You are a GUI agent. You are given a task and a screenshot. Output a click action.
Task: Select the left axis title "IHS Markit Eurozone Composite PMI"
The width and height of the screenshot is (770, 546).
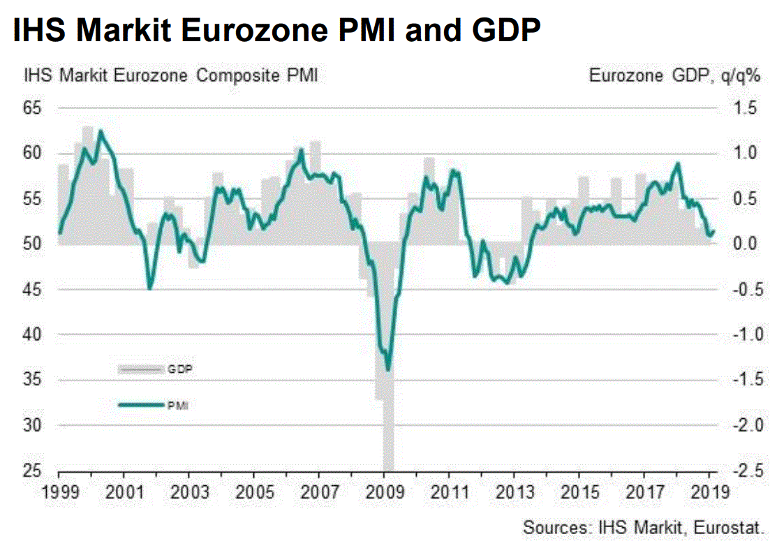(x=170, y=75)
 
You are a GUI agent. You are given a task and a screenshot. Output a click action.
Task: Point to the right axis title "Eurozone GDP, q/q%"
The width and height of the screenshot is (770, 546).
(x=674, y=75)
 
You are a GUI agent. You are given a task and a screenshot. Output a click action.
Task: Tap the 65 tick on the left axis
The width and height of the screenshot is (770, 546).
(x=33, y=108)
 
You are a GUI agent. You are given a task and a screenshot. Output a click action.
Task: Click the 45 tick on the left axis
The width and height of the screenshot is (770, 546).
(x=33, y=289)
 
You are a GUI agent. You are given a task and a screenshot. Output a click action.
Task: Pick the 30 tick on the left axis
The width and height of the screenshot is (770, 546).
(x=33, y=425)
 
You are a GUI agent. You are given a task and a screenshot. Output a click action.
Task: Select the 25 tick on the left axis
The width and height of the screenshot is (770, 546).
(x=33, y=471)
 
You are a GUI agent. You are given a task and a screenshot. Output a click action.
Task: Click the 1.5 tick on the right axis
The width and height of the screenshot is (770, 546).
(x=745, y=108)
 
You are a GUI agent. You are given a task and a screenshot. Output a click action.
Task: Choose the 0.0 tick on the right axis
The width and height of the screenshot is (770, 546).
(x=745, y=244)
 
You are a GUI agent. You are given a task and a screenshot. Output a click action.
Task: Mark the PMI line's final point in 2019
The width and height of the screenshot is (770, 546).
(x=713, y=233)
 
